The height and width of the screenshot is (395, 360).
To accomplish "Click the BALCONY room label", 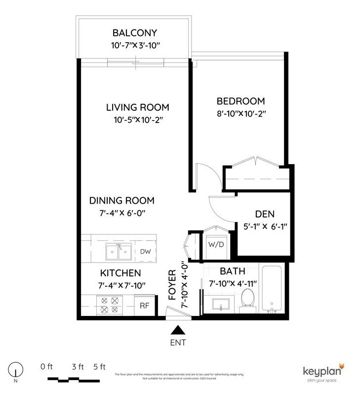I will coord(134,33).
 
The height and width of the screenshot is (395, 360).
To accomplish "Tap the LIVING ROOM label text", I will coord(138,107).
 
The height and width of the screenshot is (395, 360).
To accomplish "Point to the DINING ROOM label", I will coord(121,201).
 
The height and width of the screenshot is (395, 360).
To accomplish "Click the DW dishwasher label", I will coord(145,252).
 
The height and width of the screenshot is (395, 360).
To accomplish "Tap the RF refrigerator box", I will coord(144,306).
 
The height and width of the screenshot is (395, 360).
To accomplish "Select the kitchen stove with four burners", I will coord(109,305).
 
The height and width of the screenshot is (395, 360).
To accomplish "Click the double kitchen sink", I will coord(119,253).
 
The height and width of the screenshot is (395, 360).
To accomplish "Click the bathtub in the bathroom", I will coord(271,291).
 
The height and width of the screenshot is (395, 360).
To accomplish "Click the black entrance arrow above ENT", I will coord(178,330).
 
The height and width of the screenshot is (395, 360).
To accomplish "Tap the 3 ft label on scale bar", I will coord(78,367).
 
